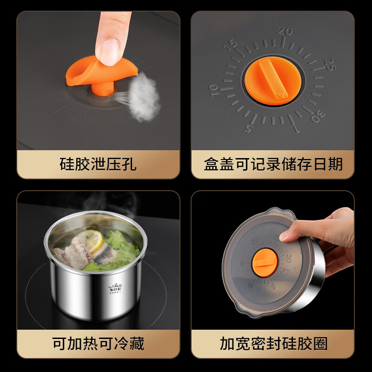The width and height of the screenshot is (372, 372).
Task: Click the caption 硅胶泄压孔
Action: [98, 164]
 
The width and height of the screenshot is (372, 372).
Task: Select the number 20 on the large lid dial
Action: [285, 32]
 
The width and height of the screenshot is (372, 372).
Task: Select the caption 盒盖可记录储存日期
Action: [273, 164]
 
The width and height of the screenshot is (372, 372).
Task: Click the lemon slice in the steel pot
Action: [95, 241]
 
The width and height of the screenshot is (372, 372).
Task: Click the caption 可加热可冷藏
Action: [98, 344]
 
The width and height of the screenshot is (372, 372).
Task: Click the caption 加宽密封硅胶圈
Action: [273, 344]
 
